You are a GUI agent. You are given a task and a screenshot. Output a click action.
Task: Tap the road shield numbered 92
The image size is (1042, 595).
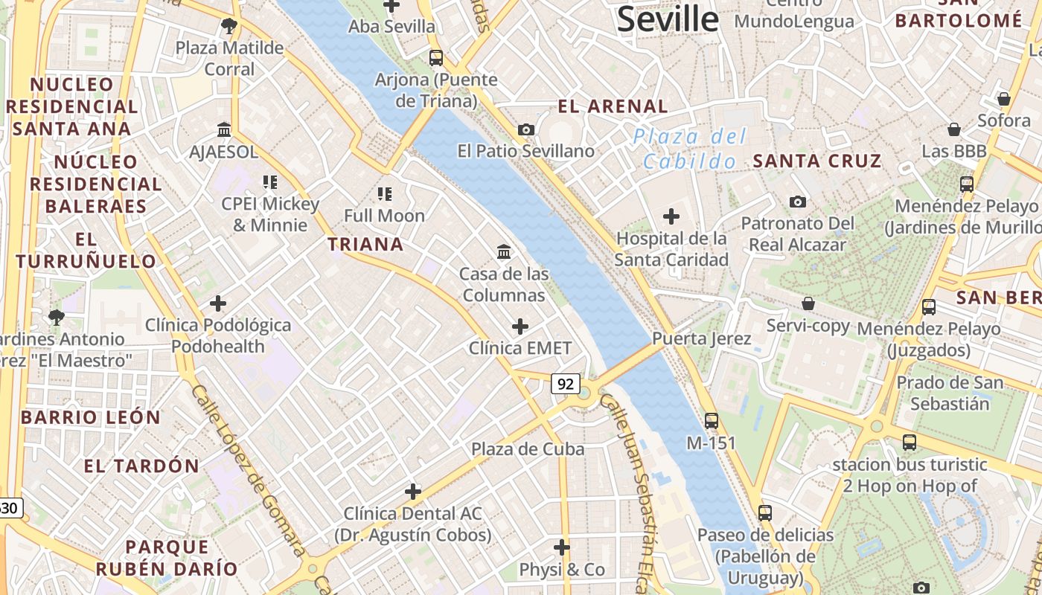coord(566,384)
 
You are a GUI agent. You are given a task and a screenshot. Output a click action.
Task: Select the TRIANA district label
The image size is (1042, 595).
coord(365,244)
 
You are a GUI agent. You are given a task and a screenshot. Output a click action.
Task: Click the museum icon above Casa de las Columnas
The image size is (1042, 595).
coord(504,251)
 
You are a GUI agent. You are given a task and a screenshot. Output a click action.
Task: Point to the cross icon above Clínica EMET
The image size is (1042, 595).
coord(520,326)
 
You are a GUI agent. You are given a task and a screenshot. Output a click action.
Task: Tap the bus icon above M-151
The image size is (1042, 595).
coord(712,420)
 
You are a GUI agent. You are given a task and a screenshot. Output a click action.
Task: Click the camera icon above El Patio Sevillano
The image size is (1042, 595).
coord(526,129)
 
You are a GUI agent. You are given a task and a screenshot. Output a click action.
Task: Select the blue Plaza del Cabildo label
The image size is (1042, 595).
coord(689,149)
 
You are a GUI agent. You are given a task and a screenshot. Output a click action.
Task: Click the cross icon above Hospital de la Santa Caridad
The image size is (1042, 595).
coord(671,216)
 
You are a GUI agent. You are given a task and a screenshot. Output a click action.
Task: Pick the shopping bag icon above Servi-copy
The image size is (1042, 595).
coord(808,303)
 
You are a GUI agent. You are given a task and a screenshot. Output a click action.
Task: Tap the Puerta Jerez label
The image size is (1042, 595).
coord(702,338)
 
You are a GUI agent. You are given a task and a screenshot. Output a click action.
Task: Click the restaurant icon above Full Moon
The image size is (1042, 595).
coord(384,194)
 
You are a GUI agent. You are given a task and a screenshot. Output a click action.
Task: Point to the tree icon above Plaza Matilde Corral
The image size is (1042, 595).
coord(229,26)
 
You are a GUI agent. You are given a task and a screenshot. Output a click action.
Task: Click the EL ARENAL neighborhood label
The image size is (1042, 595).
coord(613,106)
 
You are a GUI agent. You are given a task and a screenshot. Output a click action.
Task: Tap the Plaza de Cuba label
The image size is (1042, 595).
coord(528,449)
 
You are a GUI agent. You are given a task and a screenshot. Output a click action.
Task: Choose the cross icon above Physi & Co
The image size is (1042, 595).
coord(562,547)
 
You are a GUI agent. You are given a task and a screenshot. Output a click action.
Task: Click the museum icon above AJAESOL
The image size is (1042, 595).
coord(224,130)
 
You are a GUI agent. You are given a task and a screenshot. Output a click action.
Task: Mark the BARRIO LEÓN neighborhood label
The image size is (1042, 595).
coord(91,417)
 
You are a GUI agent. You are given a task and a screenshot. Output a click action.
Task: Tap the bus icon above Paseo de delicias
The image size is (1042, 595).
coord(765,512)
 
